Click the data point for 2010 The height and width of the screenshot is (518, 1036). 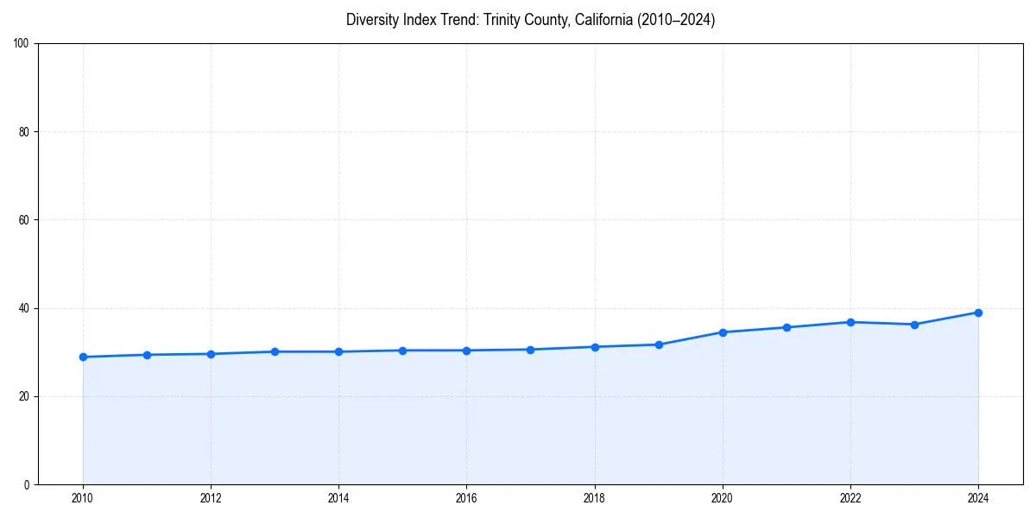click(x=83, y=357)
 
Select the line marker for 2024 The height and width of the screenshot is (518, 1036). click(x=978, y=313)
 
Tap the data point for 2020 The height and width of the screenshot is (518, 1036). click(x=723, y=332)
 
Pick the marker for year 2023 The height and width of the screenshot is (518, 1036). click(x=914, y=325)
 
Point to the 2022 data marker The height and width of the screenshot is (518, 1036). click(x=850, y=322)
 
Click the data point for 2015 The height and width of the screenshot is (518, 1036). click(x=402, y=351)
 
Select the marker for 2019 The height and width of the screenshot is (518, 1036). click(x=659, y=344)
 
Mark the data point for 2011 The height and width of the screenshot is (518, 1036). click(x=147, y=355)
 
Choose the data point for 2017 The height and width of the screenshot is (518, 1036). click(x=530, y=350)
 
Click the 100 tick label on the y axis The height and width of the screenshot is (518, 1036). click(x=22, y=44)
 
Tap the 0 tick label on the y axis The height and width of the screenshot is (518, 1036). click(x=27, y=484)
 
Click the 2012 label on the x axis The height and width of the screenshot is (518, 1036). click(x=211, y=498)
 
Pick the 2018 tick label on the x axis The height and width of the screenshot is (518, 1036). click(x=594, y=498)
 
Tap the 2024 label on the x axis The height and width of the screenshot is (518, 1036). click(x=978, y=498)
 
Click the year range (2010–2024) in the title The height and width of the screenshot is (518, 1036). click(x=676, y=20)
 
